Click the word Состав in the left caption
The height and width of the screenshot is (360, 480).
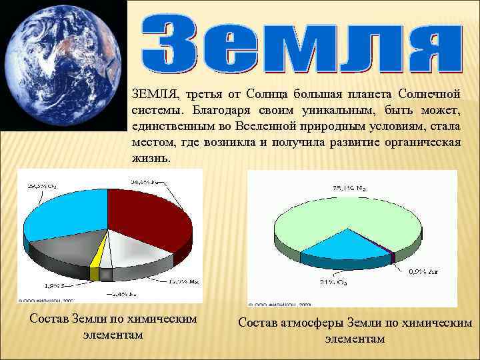tap(51, 319)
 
